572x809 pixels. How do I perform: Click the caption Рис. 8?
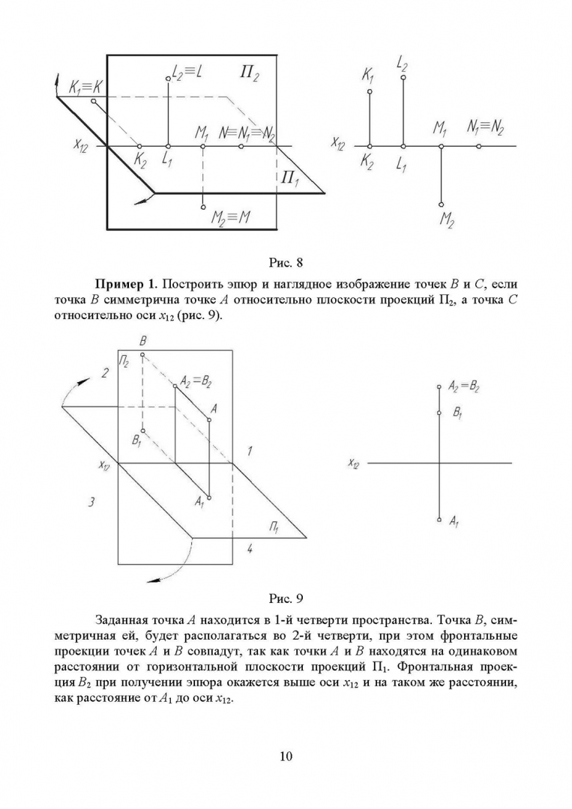[x=285, y=263]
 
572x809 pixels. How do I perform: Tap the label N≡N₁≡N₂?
[x=247, y=133]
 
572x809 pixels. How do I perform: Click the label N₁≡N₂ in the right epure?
[x=485, y=127]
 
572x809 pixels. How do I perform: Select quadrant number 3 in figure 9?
[x=91, y=503]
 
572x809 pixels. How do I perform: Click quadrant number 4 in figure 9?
[x=250, y=549]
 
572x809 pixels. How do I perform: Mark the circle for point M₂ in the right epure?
[x=442, y=204]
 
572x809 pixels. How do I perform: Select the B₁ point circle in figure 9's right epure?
[x=439, y=412]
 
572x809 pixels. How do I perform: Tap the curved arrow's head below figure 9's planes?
[x=150, y=578]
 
